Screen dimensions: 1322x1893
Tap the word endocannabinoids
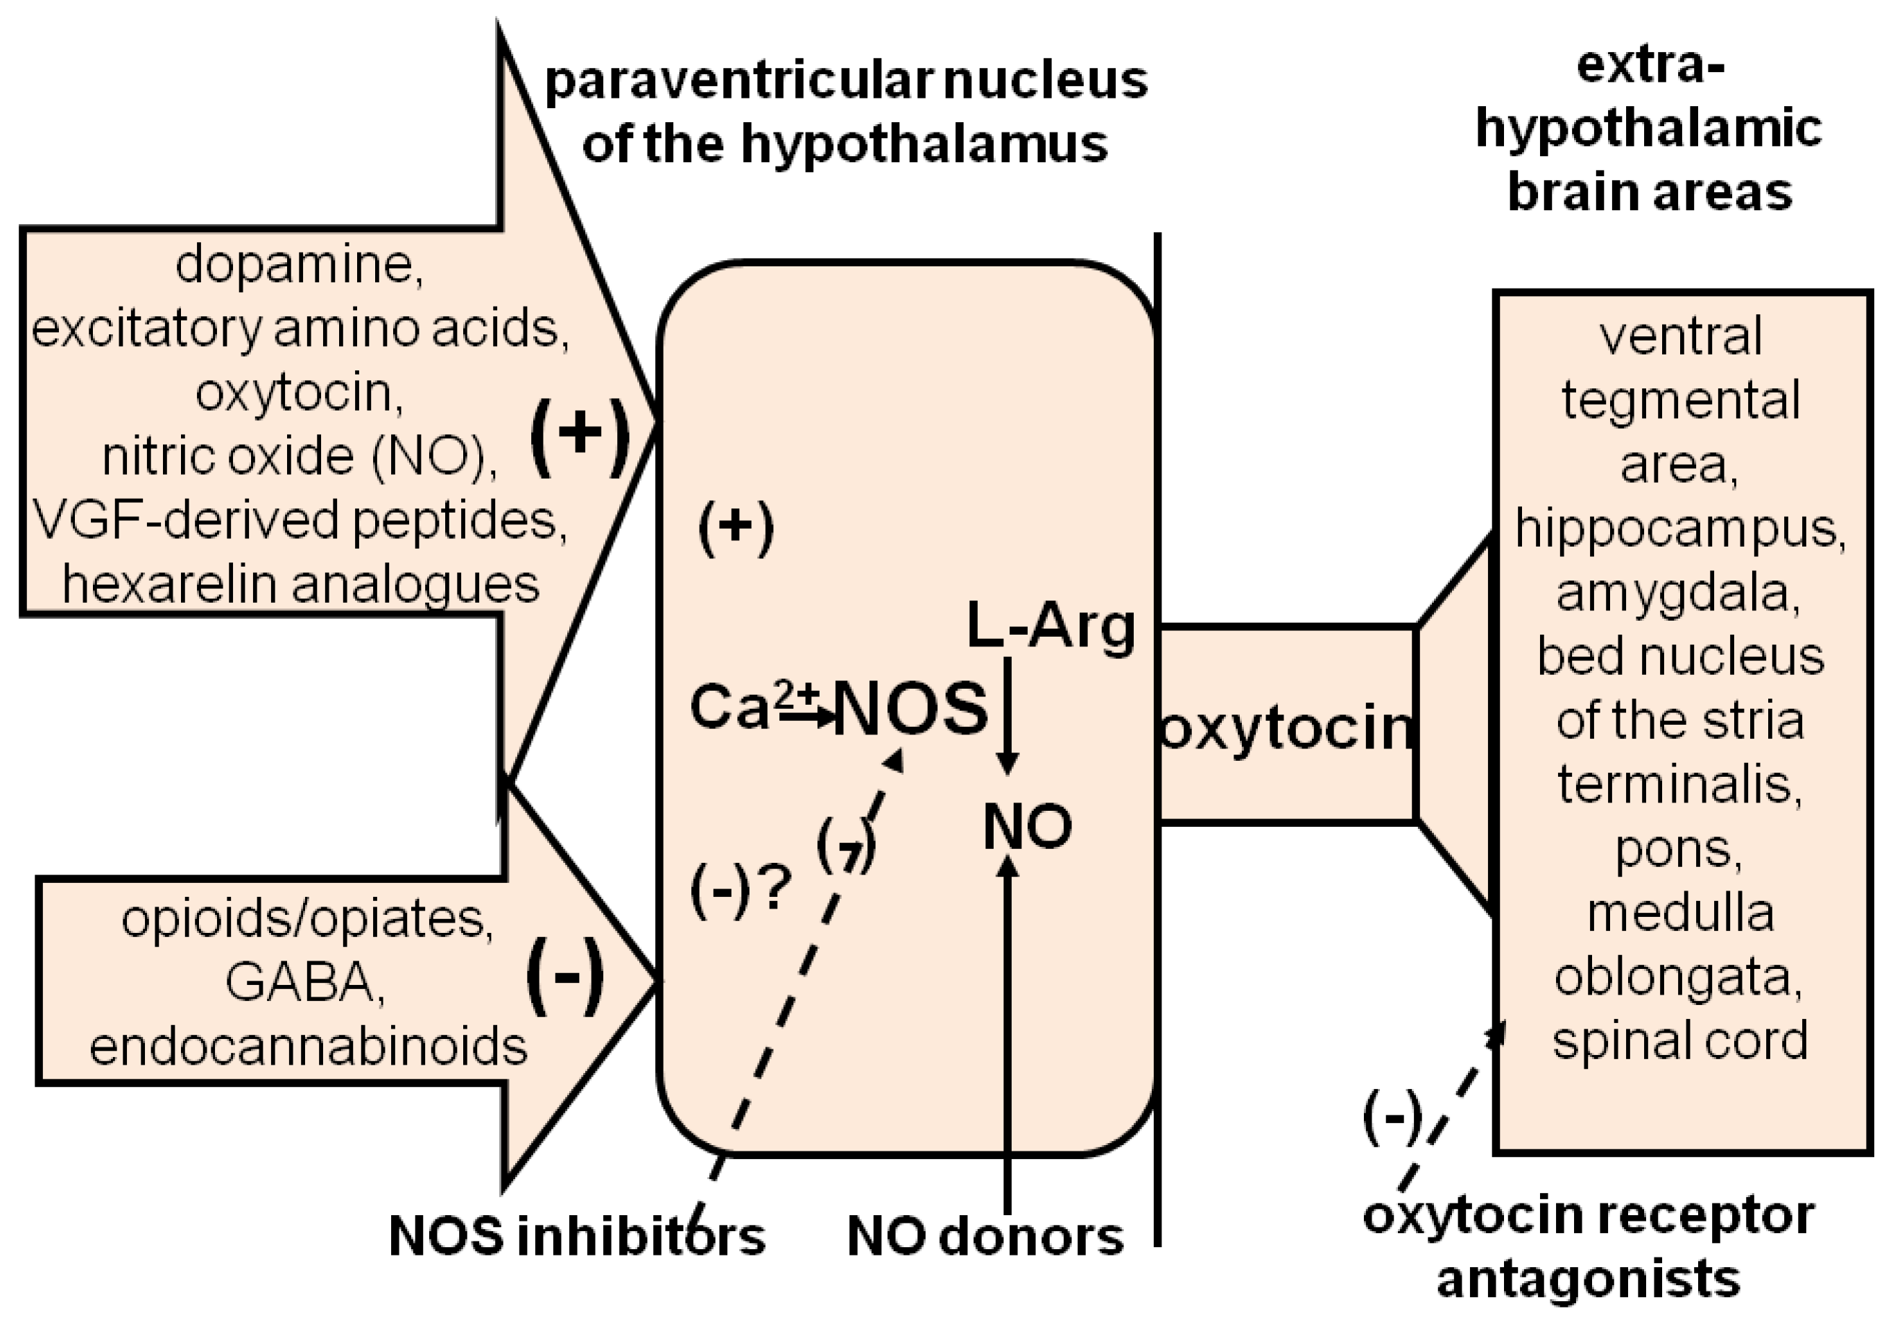[x=309, y=1047]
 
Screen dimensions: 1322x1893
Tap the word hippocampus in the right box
[x=1680, y=528]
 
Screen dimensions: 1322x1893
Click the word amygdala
[x=1679, y=592]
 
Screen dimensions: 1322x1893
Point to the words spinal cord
[x=1680, y=1041]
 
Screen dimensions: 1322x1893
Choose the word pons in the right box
[x=1679, y=849]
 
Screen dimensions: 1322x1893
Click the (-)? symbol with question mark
[x=741, y=891]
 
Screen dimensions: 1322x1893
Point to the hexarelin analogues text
[x=301, y=584]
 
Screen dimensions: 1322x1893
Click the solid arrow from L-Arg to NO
[x=1007, y=714]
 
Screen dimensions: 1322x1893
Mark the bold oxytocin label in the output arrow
[x=1287, y=729]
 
